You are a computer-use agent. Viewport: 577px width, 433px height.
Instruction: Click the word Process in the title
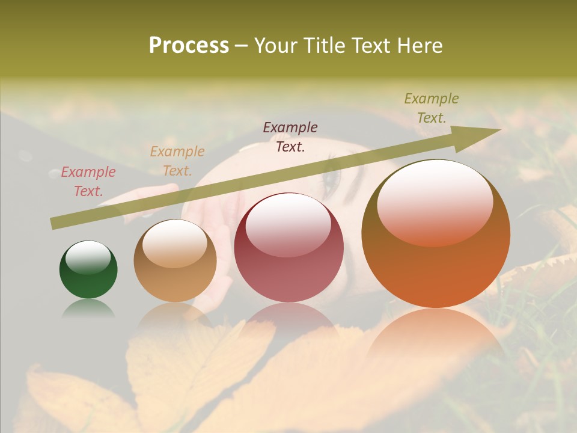coord(189,45)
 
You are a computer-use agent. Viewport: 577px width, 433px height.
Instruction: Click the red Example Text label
coord(88,182)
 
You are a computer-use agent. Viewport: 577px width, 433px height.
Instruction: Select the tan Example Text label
coord(177,161)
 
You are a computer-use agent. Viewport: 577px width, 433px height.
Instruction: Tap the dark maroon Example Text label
coord(290,137)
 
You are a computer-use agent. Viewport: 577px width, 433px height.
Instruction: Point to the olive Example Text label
coord(432,108)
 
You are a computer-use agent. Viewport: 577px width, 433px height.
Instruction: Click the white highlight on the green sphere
coord(88,257)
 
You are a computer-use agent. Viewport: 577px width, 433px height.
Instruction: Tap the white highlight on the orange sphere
coord(435,203)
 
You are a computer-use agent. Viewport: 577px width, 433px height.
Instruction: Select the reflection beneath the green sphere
coord(88,309)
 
